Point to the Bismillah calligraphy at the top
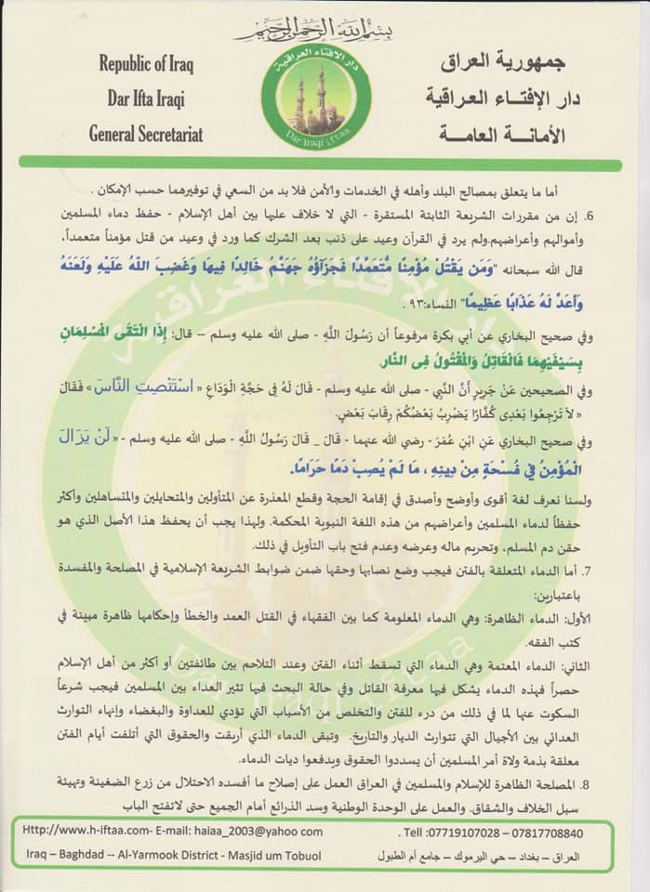[x=325, y=28]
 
